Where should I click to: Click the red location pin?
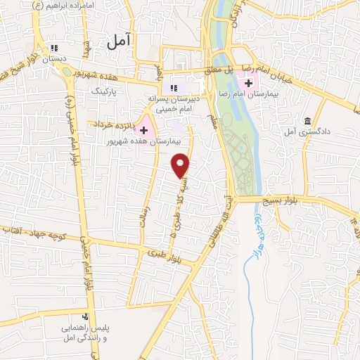pos(181,165)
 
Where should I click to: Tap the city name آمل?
pos(121,42)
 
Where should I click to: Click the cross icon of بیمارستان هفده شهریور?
pos(144,131)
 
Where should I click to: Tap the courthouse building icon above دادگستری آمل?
pos(307,120)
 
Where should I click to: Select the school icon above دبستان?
pos(55,49)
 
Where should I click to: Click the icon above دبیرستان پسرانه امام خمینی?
pos(172,88)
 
